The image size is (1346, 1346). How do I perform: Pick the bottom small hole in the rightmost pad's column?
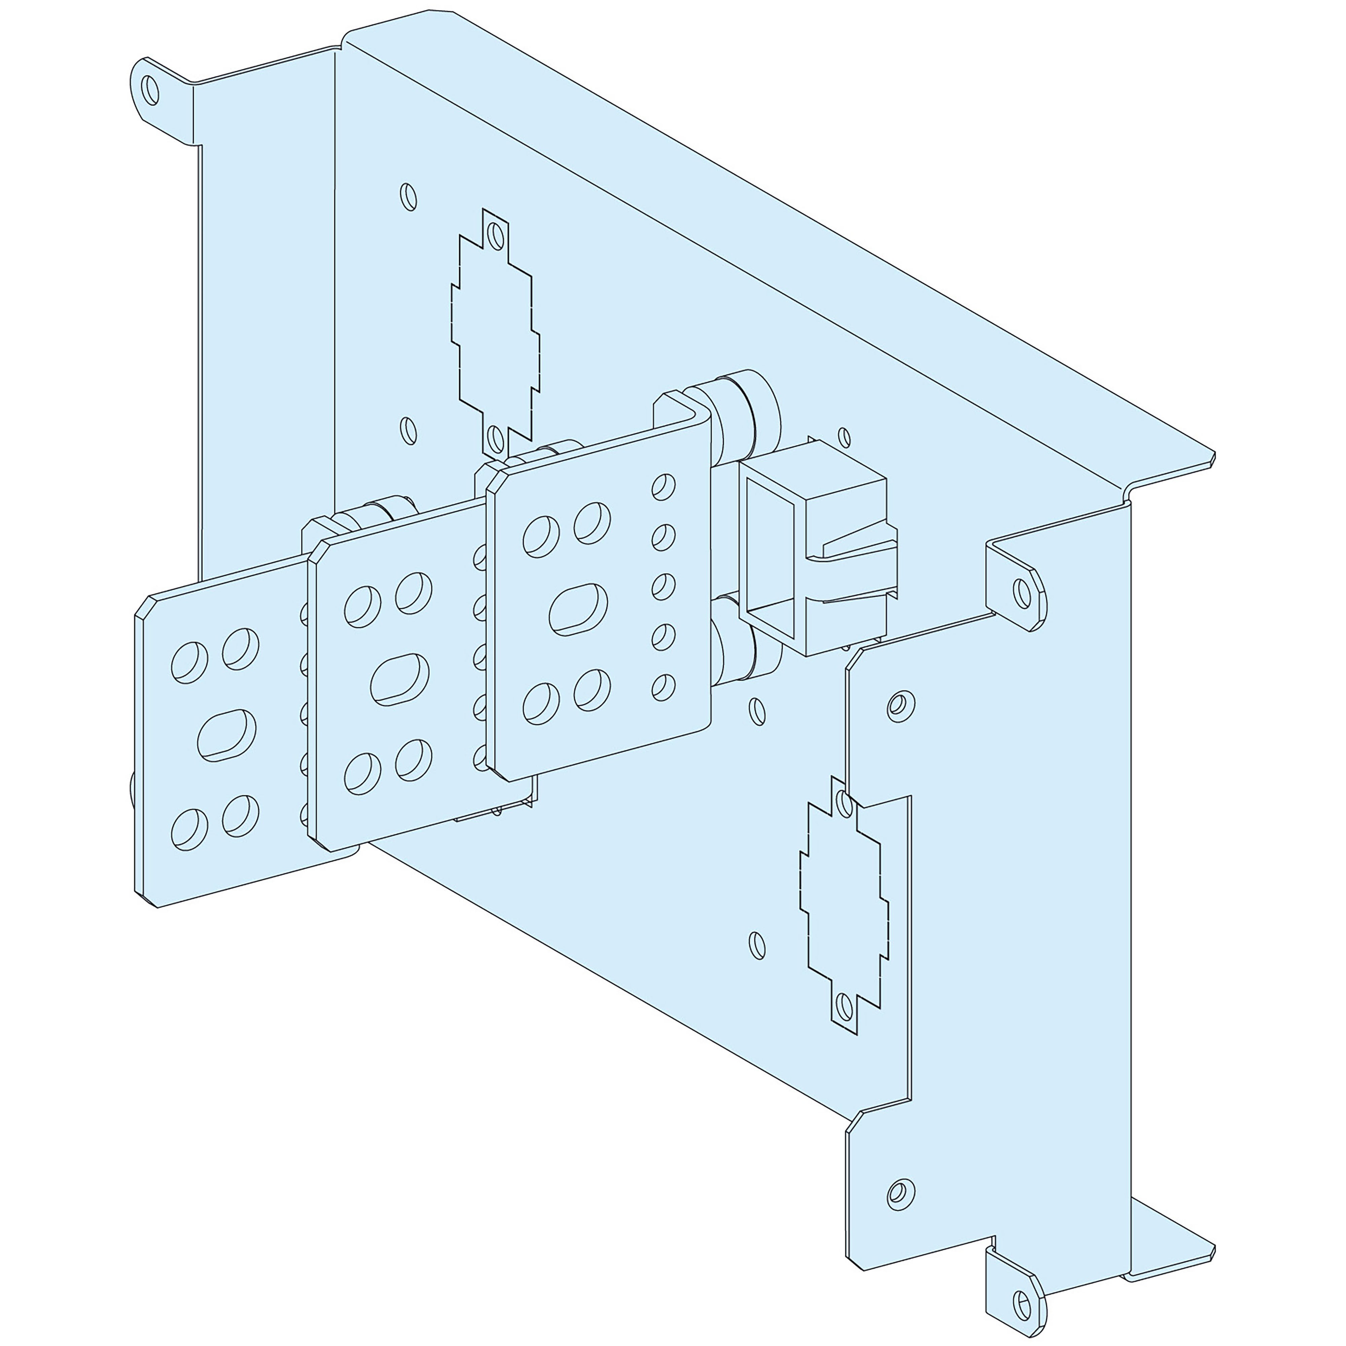pyautogui.click(x=663, y=687)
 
